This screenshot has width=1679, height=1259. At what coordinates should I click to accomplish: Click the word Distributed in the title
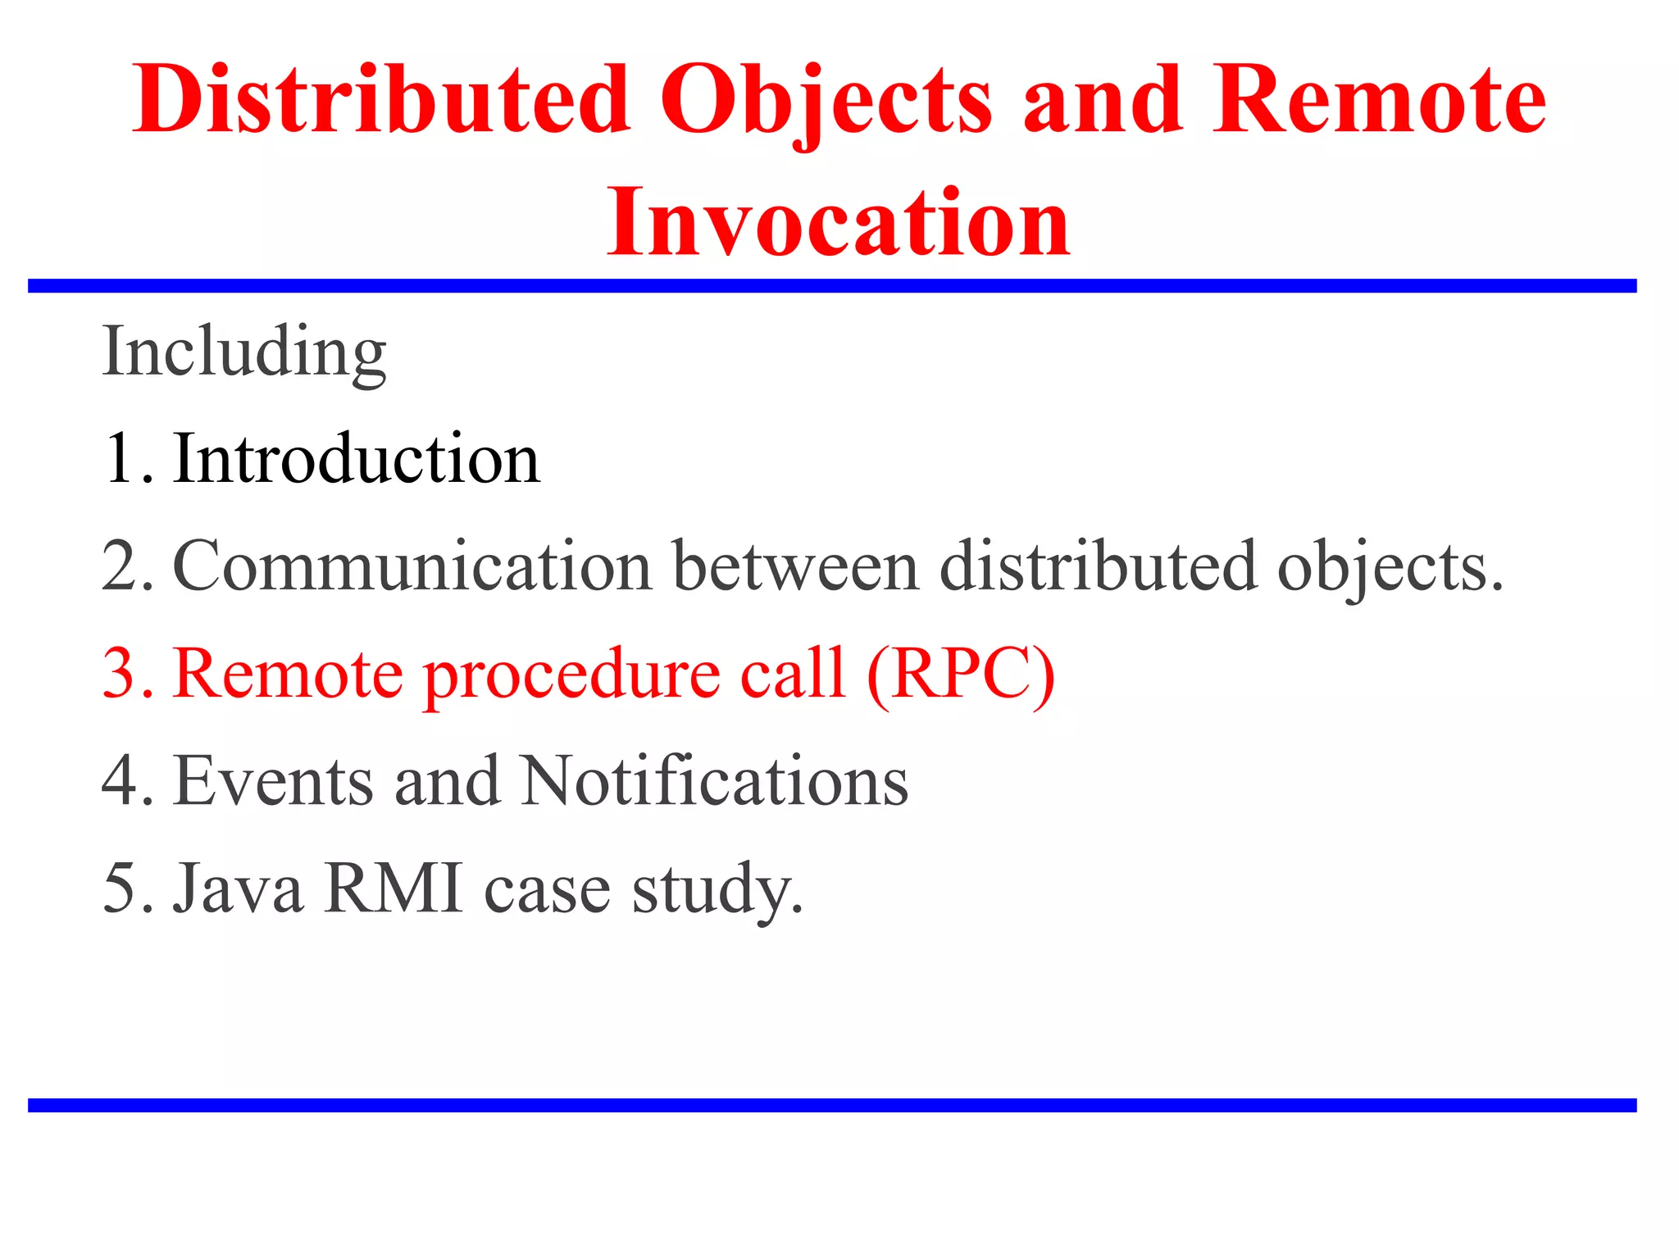[381, 100]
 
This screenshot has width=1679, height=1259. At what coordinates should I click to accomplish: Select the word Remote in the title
[1380, 100]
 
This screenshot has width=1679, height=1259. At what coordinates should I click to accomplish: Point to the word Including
[244, 352]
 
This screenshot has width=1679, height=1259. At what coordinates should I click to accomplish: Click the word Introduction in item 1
[357, 459]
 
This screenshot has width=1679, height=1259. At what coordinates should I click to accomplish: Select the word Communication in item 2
[412, 567]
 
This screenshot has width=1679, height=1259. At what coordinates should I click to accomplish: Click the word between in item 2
[795, 567]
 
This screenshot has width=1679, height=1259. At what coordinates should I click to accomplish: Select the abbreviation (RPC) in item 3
[960, 675]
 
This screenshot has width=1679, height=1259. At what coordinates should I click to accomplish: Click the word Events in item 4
[274, 781]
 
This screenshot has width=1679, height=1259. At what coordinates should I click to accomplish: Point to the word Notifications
[714, 781]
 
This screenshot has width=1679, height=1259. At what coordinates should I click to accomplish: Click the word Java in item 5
[238, 889]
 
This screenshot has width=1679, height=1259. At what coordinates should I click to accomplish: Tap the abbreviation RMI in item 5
[393, 889]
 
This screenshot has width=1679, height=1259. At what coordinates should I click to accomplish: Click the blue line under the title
[832, 286]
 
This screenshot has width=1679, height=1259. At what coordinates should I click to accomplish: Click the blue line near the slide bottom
[832, 1106]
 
